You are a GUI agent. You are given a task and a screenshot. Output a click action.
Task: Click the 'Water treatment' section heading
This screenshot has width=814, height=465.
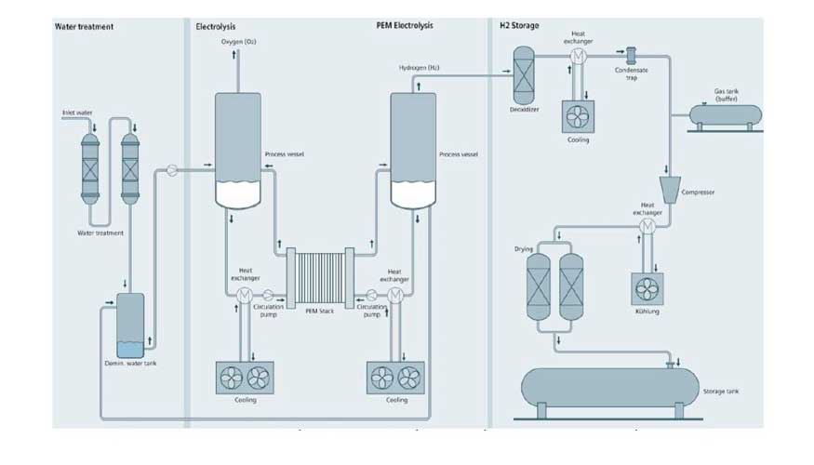[85, 26]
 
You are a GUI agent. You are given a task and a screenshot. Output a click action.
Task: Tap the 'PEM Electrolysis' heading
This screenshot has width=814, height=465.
[397, 26]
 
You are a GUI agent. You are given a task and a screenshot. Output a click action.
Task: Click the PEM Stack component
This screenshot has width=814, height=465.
[319, 276]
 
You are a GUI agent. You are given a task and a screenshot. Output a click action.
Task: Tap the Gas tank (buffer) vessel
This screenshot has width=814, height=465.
[725, 114]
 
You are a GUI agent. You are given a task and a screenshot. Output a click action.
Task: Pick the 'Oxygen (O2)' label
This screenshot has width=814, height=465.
[238, 43]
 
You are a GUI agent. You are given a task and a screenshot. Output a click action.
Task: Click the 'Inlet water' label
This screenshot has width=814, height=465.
[77, 113]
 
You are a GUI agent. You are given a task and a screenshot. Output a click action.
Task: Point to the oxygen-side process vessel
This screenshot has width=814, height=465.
[238, 149]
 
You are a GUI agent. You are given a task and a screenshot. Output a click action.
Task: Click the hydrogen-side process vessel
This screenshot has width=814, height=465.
[412, 149]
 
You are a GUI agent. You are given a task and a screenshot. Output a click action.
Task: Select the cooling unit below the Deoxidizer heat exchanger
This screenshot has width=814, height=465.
[578, 116]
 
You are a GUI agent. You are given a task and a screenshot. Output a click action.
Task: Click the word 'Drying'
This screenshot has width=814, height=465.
[524, 249]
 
